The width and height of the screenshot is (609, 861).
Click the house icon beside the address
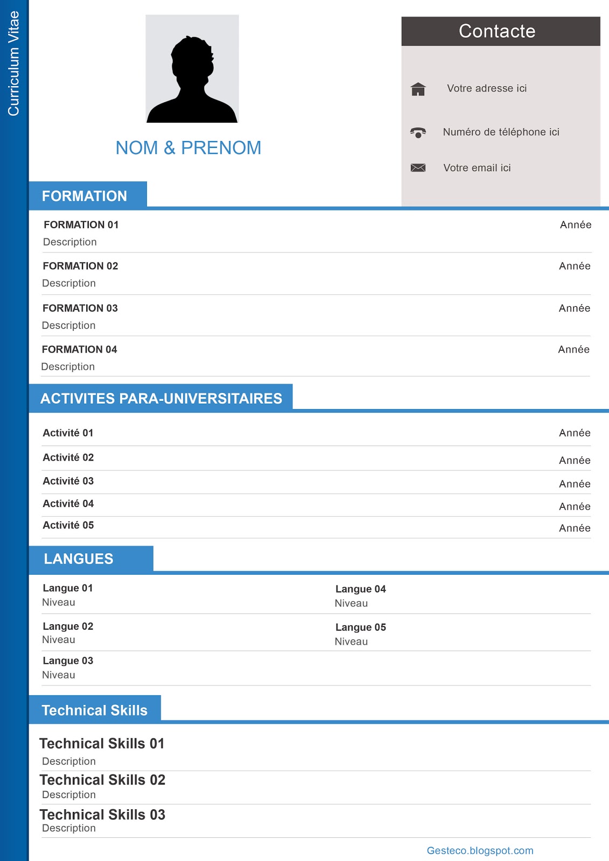(x=418, y=89)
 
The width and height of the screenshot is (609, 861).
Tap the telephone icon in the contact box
(x=418, y=132)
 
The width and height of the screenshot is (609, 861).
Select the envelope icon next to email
(x=418, y=168)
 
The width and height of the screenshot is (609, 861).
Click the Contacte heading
(x=497, y=31)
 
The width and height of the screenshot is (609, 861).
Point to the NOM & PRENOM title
(x=188, y=148)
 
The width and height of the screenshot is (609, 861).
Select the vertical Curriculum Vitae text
(x=13, y=63)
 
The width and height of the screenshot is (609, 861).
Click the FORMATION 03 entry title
(x=80, y=308)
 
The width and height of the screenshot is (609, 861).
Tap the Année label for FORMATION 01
(x=576, y=225)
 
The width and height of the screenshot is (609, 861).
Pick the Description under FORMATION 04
(x=68, y=367)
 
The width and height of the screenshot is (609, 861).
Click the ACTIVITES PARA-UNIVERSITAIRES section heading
(x=161, y=399)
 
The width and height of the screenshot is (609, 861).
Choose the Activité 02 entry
(x=68, y=457)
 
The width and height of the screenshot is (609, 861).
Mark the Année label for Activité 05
(x=575, y=528)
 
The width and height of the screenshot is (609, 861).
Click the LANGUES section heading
(x=79, y=559)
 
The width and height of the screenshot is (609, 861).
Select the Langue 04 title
(x=361, y=589)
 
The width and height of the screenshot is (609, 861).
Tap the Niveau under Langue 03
(x=59, y=675)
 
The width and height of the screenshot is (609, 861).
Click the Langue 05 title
(x=361, y=627)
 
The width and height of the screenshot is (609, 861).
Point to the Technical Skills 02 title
(x=102, y=780)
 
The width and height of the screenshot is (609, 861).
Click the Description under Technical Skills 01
(x=69, y=761)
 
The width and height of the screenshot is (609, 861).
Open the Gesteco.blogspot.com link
(x=480, y=851)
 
